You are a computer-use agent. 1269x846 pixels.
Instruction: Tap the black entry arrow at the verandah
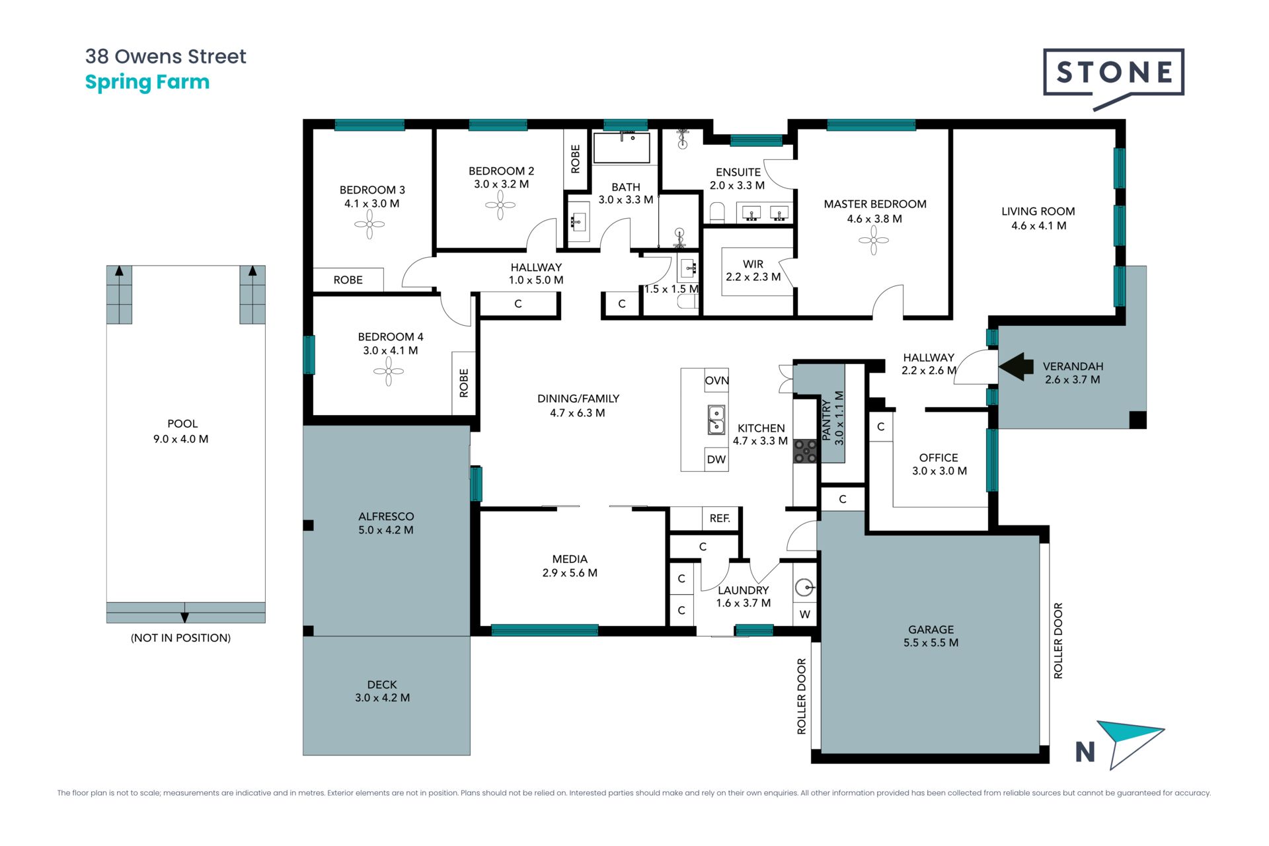coord(1017,366)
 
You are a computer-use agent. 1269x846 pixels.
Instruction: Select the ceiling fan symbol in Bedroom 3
coord(369,225)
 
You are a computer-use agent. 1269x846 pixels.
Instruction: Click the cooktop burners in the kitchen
coord(805,451)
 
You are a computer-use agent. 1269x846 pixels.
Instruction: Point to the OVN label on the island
coord(716,381)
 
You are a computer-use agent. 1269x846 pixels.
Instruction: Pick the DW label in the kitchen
coord(716,459)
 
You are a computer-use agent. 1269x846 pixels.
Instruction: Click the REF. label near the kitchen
coord(720,518)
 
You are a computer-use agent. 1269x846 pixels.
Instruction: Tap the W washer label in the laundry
coord(805,615)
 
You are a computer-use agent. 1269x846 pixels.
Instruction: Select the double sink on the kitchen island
coord(716,420)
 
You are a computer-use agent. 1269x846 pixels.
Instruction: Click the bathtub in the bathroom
coord(621,147)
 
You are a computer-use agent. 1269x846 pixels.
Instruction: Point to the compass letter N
coord(1085,751)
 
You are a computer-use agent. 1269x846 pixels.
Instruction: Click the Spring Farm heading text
coord(147,83)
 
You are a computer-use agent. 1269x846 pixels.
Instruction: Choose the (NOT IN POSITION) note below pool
coord(180,638)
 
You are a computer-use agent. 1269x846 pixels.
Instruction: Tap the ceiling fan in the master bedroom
coord(874,241)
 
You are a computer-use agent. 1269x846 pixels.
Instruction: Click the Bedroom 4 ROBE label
coord(463,383)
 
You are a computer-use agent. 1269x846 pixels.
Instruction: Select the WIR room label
coord(753,264)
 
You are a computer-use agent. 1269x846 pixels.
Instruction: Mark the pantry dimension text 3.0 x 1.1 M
coord(839,418)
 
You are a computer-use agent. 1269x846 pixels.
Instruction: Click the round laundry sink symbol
coord(804,587)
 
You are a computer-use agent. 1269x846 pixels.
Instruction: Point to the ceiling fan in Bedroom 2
coord(500,205)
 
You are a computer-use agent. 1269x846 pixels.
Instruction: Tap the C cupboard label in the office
coord(880,427)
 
